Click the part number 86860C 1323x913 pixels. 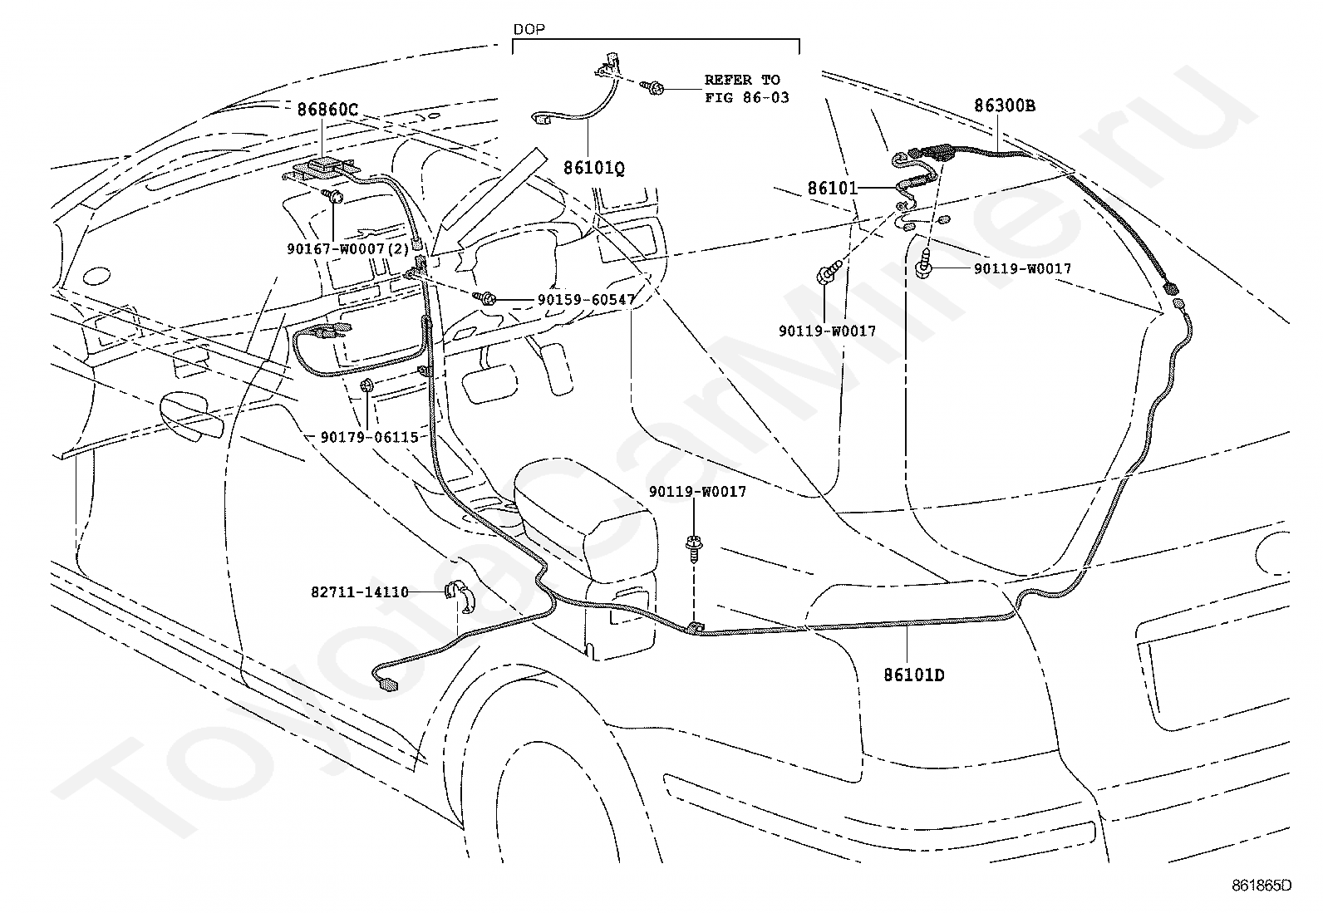[327, 110]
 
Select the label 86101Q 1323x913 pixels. [593, 169]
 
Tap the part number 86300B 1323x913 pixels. [1004, 106]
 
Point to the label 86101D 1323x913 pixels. [913, 675]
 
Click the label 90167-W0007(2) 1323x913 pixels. [348, 248]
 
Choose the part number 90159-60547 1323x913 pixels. [586, 300]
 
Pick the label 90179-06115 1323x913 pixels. [369, 437]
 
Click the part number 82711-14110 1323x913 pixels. [360, 591]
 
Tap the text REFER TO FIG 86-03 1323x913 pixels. [746, 89]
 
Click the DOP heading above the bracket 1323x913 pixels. [529, 29]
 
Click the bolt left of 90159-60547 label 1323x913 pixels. [484, 298]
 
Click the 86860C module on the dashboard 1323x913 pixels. [319, 169]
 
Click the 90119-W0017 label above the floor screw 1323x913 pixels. [697, 491]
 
